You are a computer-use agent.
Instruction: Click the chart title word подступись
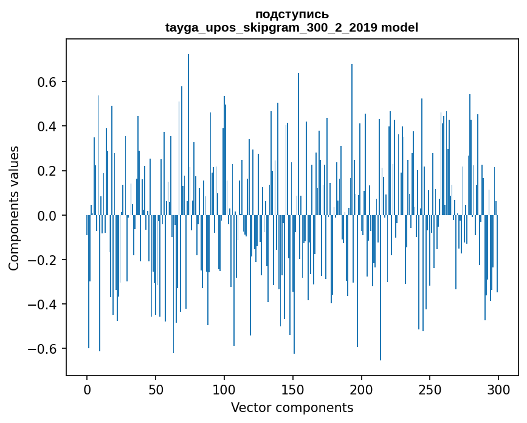[x=292, y=14]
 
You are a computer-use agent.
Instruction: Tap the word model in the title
[x=399, y=27]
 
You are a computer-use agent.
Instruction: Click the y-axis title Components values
[x=14, y=208]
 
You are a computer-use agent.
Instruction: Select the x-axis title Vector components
[x=292, y=407]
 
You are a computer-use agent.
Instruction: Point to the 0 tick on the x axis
[x=87, y=390]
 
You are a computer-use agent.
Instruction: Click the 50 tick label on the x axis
[x=156, y=390]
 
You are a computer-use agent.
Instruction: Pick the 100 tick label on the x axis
[x=224, y=390]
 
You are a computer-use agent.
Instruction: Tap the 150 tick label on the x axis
[x=293, y=390]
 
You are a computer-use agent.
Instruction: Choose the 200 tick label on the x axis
[x=362, y=390]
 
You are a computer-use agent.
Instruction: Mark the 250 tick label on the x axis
[x=430, y=390]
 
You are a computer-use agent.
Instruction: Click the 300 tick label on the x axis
[x=498, y=390]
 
